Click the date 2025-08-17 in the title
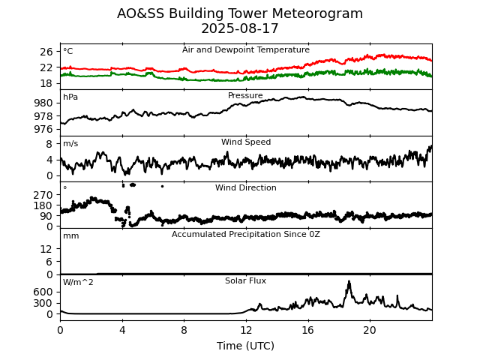240,29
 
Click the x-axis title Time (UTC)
245,346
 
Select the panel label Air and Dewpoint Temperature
245,50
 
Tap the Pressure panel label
245,96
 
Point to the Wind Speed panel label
245,142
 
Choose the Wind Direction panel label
245,188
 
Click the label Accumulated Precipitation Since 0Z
245,235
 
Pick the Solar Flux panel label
245,281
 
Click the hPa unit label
70,97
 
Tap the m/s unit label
70,144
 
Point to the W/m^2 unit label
78,283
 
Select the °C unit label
68,52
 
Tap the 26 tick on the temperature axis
46,52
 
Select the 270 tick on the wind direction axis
43,195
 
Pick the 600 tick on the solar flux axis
43,292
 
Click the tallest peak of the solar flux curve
349,281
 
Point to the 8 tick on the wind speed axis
49,144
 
